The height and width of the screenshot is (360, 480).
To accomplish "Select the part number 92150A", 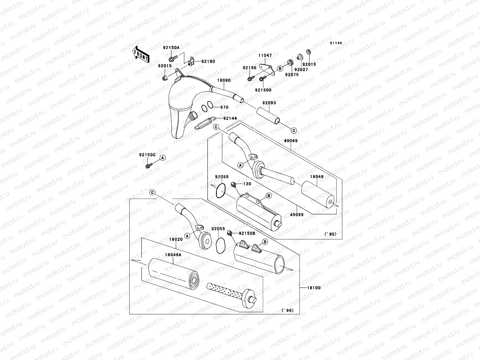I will pyautogui.click(x=171, y=47).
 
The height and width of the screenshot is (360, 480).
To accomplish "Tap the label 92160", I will pyautogui.click(x=208, y=61).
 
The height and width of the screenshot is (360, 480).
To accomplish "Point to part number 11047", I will pyautogui.click(x=265, y=55).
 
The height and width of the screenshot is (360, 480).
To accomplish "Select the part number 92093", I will pyautogui.click(x=269, y=103).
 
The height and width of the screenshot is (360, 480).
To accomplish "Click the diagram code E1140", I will pyautogui.click(x=336, y=43).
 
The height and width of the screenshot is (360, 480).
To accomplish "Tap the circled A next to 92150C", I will pyautogui.click(x=163, y=157).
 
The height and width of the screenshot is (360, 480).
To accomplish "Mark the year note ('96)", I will pyautogui.click(x=288, y=310).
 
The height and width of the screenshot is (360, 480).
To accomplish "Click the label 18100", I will pyautogui.click(x=313, y=288).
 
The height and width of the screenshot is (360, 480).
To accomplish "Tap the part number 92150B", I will pyautogui.click(x=247, y=233).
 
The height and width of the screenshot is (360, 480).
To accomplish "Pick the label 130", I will pyautogui.click(x=247, y=184).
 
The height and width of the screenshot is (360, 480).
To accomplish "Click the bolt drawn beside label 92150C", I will pyautogui.click(x=148, y=165).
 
